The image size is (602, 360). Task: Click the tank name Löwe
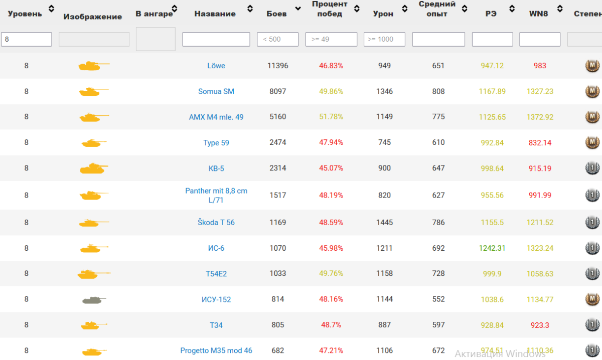[x=216, y=66]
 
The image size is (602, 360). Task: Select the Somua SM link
[x=216, y=91]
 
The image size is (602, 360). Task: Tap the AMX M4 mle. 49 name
[x=216, y=117]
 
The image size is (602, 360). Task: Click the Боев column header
[x=276, y=14]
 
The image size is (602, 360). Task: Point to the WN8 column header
[x=538, y=14]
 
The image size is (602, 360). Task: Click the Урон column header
[x=383, y=14]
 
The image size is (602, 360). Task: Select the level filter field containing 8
[x=27, y=39]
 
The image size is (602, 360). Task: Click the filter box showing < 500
[x=277, y=39]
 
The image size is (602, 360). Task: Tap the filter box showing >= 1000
[x=384, y=39]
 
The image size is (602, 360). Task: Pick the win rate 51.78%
[x=331, y=117]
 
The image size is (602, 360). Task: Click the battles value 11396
[x=278, y=66]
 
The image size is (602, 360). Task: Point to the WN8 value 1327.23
[x=540, y=91]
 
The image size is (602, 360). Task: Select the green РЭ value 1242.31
[x=492, y=248]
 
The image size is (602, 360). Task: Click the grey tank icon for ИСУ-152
[x=94, y=300]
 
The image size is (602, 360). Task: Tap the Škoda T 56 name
[x=216, y=222]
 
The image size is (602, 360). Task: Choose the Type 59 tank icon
[x=94, y=143]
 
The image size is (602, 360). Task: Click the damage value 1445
[x=384, y=222]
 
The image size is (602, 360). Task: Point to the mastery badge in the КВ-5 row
[x=592, y=168]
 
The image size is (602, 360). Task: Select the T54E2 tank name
[x=216, y=273]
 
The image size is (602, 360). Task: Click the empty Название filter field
[x=216, y=39]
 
